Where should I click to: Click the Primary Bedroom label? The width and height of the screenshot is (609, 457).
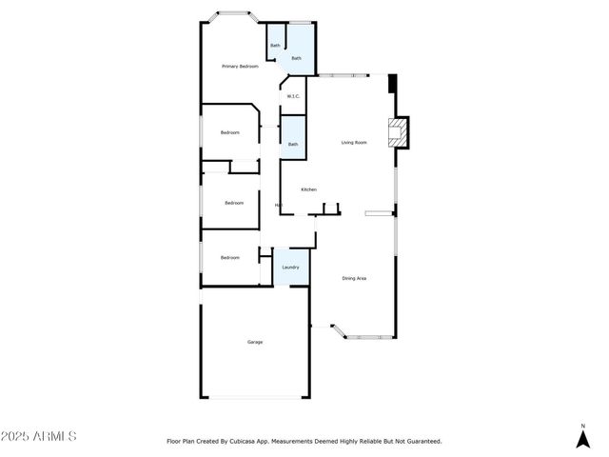[240, 67]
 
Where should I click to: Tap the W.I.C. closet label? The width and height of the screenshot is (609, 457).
[293, 96]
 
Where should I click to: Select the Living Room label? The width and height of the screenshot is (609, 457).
[354, 143]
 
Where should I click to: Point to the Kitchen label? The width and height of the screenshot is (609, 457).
[308, 190]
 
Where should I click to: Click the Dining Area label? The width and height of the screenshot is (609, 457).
[354, 278]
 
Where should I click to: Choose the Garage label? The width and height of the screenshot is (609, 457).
[255, 342]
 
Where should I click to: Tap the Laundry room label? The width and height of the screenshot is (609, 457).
[290, 268]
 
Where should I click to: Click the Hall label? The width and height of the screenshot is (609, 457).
[278, 206]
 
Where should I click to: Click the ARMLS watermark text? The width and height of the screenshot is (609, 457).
[39, 437]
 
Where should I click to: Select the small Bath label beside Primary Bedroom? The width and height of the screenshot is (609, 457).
[275, 46]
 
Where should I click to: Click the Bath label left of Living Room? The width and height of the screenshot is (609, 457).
[292, 145]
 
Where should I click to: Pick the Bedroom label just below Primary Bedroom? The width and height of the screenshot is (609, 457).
[230, 132]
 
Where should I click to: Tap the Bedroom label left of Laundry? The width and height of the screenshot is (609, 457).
[230, 258]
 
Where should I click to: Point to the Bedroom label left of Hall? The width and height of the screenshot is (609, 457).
[234, 203]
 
